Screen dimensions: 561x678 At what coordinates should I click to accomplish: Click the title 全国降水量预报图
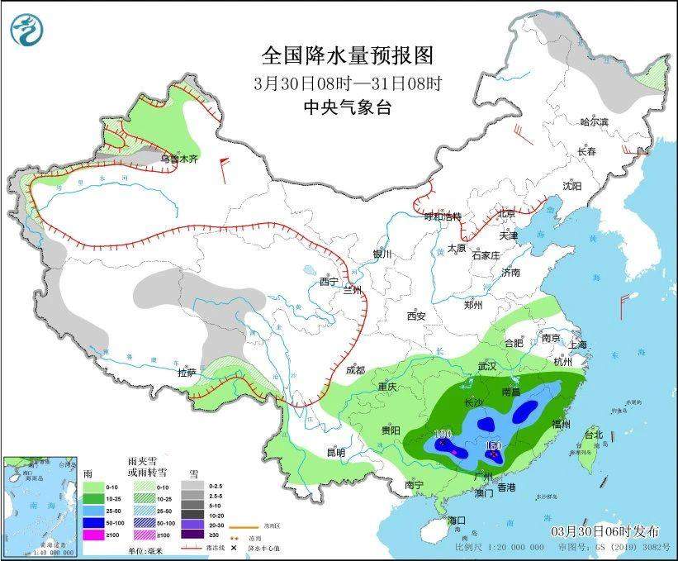click(x=347, y=56)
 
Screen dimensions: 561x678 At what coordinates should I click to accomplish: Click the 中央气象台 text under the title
click(x=347, y=107)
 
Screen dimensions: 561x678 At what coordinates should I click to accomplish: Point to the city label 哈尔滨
click(x=593, y=122)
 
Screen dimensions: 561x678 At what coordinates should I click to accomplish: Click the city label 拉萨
click(x=188, y=373)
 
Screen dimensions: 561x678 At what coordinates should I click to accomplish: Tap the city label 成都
click(x=356, y=369)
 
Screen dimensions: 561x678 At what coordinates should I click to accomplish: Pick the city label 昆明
click(x=336, y=452)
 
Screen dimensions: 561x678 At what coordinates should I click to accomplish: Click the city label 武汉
click(x=486, y=364)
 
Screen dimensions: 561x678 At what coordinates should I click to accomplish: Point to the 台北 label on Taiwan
click(x=593, y=434)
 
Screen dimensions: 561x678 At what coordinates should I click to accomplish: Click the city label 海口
click(x=456, y=520)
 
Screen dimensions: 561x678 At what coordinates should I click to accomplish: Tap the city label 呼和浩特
click(x=443, y=216)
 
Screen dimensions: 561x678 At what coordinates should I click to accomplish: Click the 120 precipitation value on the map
click(x=443, y=435)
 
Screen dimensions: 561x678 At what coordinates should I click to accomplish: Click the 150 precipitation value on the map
click(x=494, y=447)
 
